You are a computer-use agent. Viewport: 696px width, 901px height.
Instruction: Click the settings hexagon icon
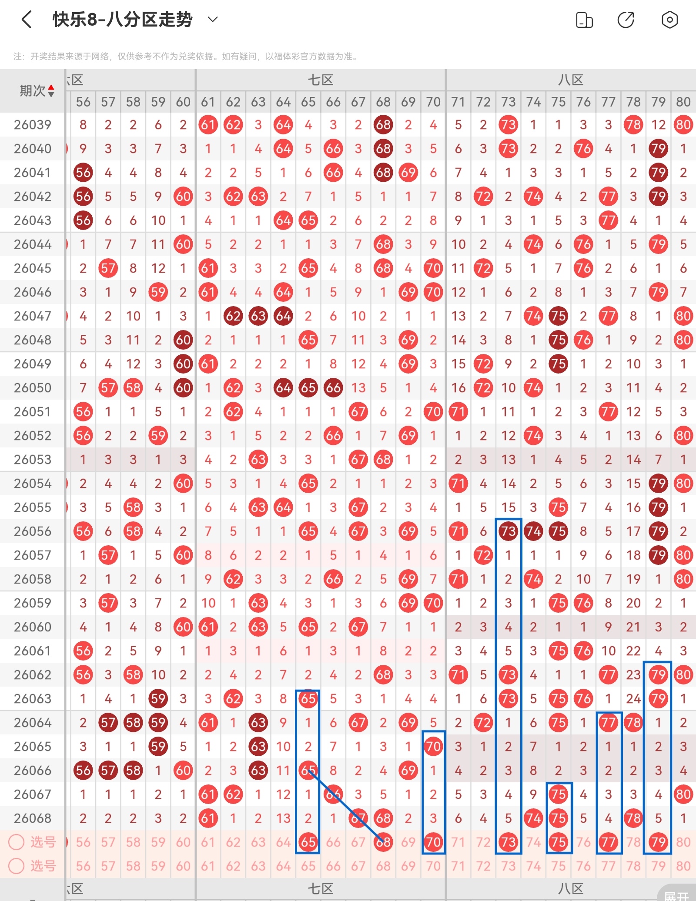669,20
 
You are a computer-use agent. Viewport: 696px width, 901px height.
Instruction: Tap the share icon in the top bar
626,20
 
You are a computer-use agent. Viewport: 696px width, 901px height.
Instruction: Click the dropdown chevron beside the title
212,19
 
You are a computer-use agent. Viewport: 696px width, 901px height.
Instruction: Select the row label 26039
33,125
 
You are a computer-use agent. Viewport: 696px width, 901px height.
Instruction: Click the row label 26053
33,460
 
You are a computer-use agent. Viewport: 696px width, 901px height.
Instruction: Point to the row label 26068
33,818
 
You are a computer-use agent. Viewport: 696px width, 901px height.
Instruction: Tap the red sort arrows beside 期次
51,90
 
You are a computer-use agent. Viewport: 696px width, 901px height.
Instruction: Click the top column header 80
683,102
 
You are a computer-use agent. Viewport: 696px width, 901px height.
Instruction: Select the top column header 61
208,102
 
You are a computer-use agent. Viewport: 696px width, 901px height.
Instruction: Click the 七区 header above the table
321,80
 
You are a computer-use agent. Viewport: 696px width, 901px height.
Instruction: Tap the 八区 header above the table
571,80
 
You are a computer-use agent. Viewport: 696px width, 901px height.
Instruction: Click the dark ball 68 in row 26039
383,125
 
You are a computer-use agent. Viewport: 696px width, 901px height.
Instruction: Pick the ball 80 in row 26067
683,794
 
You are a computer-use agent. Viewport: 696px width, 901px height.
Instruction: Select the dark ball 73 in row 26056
508,531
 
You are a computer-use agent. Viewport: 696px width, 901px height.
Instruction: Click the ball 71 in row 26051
458,412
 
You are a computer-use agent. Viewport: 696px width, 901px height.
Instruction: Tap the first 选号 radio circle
17,842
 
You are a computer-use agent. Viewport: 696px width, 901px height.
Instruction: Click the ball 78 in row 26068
633,818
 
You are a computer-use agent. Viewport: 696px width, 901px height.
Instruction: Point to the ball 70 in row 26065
433,747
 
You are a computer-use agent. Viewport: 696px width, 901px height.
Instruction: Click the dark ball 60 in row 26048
183,340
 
